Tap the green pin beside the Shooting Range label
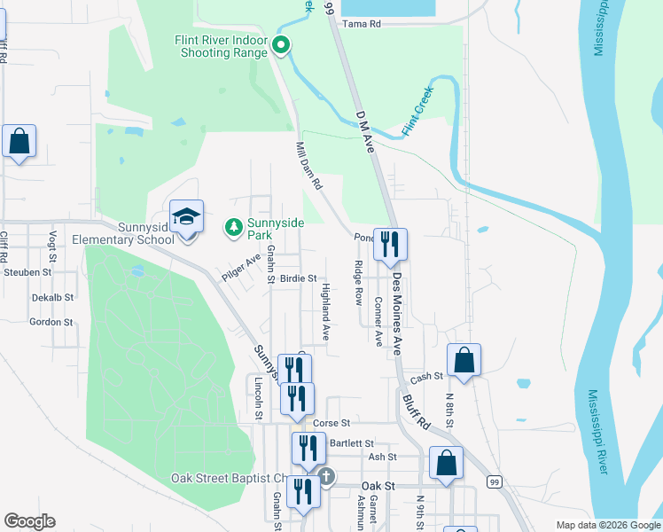coord(282,45)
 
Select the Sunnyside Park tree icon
coord(234,228)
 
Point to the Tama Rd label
coord(361,24)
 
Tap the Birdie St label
coord(298,278)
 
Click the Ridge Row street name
coord(359,283)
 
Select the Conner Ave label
coord(378,321)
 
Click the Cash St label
coord(425,377)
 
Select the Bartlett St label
coord(352,443)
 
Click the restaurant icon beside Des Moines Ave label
coord(390,244)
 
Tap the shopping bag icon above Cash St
coord(464,359)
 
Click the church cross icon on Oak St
coord(326,477)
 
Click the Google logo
coord(29,521)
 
